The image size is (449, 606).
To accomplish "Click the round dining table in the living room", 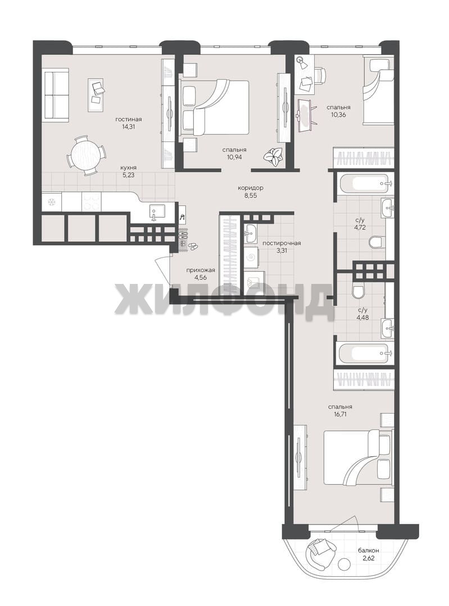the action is (x=87, y=155).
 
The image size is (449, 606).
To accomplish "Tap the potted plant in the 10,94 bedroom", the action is (x=274, y=157).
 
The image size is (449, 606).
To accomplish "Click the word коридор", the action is (x=251, y=188).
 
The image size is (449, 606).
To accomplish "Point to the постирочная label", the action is (x=282, y=243).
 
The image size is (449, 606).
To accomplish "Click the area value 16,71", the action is (x=340, y=414).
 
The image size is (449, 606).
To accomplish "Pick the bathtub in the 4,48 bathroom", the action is (x=364, y=352).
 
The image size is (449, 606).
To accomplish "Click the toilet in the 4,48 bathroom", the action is (x=358, y=291).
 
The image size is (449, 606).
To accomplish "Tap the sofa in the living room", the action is (x=55, y=94).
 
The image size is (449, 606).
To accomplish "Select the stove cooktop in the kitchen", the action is (x=92, y=202).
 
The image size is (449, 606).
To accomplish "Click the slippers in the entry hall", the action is (x=192, y=246).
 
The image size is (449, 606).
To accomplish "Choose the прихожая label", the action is (x=200, y=270).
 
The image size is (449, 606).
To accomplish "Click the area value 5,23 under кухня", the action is (x=128, y=175).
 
